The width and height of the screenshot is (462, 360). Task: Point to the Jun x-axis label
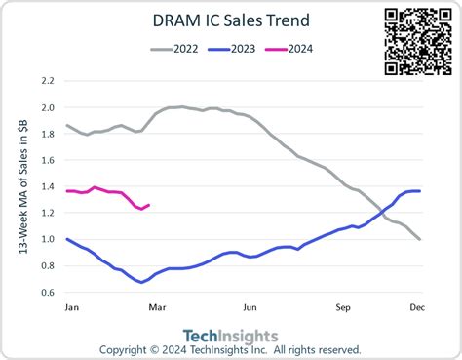click(250, 307)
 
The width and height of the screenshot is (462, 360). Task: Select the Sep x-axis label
click(343, 307)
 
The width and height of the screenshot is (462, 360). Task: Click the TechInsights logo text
click(231, 336)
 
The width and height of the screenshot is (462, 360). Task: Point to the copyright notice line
click(231, 350)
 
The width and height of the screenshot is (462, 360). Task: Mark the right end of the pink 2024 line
click(148, 205)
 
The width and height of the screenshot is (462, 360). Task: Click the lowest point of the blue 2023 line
click(141, 282)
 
